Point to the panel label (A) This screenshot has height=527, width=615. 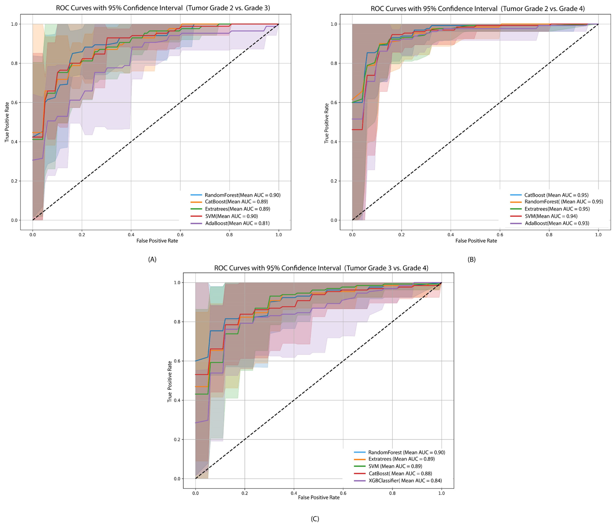coord(152,259)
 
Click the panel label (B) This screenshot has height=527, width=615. coord(471,259)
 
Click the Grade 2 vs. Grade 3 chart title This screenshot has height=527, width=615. coord(163,8)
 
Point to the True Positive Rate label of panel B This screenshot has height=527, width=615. coord(327,123)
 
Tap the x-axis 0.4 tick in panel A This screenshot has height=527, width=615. coord(131,234)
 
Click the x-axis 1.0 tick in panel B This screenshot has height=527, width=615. coord(598,234)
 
